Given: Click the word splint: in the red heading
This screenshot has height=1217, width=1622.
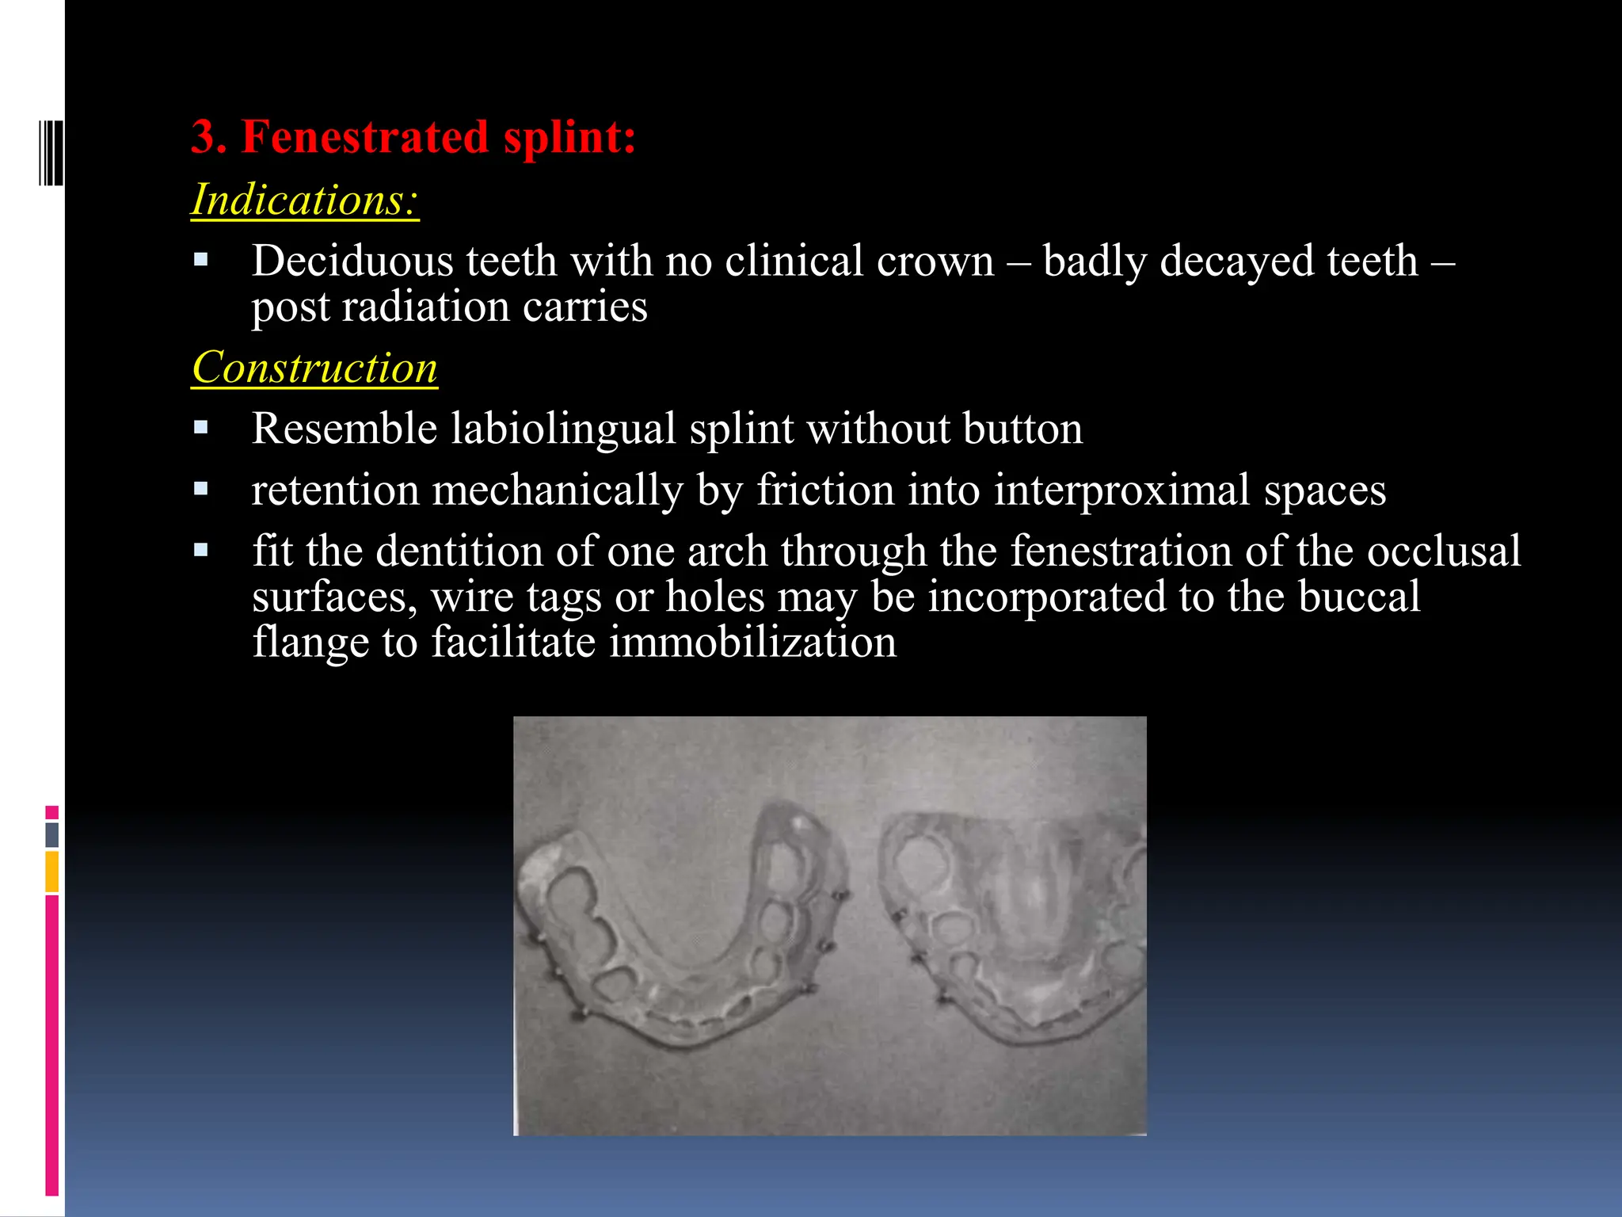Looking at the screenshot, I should (x=569, y=136).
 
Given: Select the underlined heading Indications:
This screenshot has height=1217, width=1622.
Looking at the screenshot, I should (x=305, y=200).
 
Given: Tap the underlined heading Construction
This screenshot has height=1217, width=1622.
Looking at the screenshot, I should (x=314, y=368).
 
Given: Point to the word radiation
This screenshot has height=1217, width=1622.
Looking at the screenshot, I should (x=425, y=307).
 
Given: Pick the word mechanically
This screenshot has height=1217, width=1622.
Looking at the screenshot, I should (x=557, y=490).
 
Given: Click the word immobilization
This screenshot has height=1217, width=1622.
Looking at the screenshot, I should (x=752, y=642).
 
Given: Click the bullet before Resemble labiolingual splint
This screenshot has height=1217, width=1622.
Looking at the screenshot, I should (x=201, y=429).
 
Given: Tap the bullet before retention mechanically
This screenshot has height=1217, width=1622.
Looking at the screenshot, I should (x=201, y=490).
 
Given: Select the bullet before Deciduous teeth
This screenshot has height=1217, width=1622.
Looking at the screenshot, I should (x=201, y=260).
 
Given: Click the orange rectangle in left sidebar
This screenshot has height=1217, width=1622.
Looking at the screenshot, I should (x=51, y=871).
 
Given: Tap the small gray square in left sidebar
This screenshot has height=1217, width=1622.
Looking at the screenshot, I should (x=51, y=834).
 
